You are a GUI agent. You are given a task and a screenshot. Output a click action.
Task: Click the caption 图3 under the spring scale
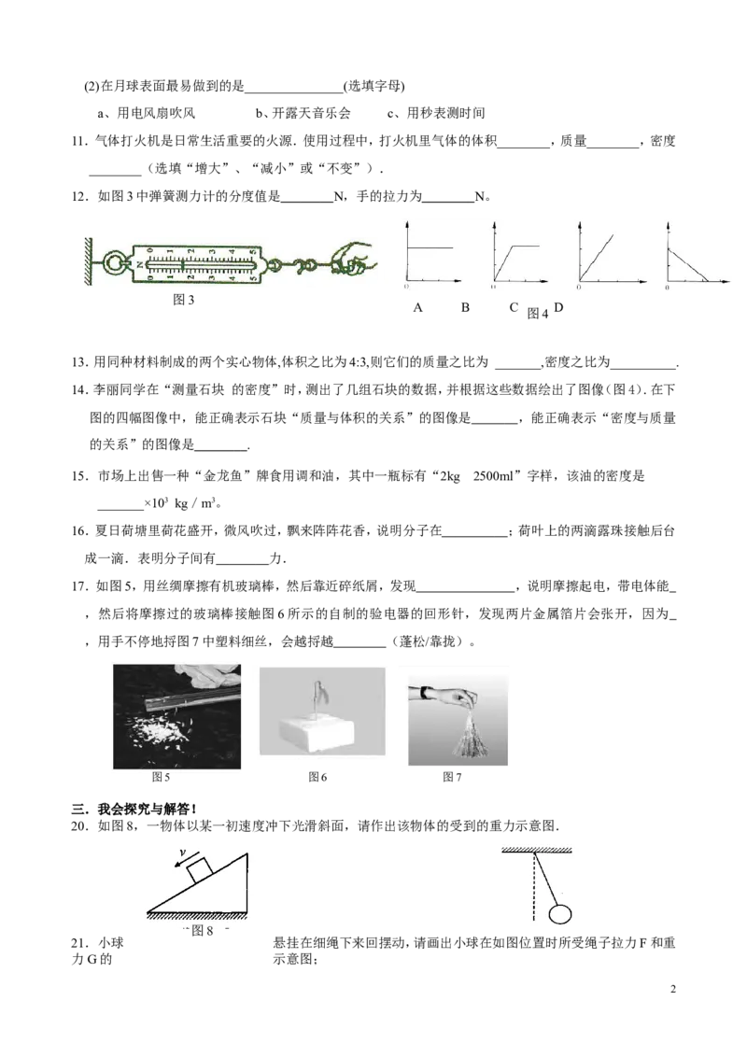coord(183,300)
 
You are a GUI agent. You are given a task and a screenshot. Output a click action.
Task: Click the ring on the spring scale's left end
coord(114,262)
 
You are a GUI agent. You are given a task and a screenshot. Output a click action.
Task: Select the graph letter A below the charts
coord(418,308)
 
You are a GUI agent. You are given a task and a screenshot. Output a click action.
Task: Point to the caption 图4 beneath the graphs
coord(537,314)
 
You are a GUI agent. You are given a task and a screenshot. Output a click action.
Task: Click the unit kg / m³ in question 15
coord(195,503)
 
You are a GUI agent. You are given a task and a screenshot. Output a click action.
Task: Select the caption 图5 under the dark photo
coord(162,777)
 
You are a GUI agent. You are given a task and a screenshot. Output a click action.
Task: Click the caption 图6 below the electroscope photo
coord(317,777)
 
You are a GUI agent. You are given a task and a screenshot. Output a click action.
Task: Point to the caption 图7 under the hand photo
coord(452,777)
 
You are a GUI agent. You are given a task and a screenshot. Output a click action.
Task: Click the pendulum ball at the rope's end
coord(559,914)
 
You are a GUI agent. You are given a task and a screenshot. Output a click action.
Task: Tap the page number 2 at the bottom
coord(673,989)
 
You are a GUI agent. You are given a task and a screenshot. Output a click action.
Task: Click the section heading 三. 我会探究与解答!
coord(134,809)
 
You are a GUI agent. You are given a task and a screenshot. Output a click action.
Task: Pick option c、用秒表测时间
coord(436,113)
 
